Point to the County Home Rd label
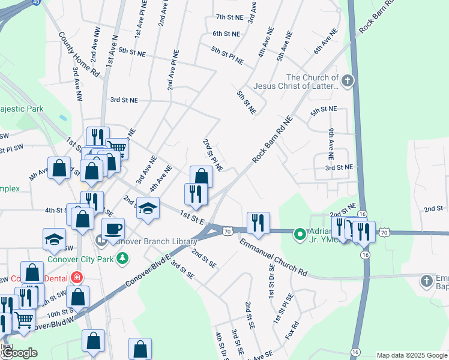click(87, 55)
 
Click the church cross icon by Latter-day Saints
click(346, 81)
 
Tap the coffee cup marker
click(113, 229)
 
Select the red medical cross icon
click(76, 278)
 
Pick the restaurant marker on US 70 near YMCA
click(258, 223)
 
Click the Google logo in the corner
click(20, 353)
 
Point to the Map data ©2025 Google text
click(412, 355)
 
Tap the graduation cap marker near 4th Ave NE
click(148, 208)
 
